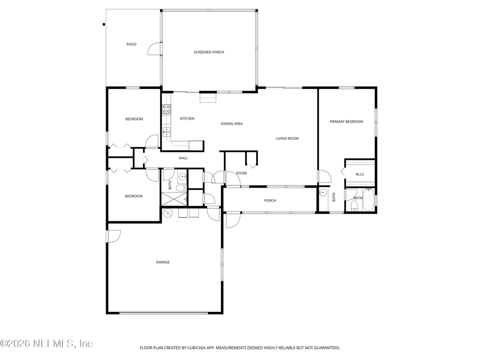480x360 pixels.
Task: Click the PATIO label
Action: point(131,44)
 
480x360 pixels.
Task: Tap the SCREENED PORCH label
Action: point(209,52)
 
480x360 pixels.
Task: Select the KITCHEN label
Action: point(187,118)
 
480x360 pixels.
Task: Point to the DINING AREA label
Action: point(232,123)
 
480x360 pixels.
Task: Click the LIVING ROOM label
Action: point(287,138)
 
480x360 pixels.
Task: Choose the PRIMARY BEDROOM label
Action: point(346,122)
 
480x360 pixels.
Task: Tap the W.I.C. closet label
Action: point(360,175)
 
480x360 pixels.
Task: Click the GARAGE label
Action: point(162,262)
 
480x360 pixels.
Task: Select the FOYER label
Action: point(242,173)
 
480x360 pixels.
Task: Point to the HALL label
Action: point(183,158)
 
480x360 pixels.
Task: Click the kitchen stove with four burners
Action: point(166,109)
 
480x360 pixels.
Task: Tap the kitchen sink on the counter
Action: point(166,132)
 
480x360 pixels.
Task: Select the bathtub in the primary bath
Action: point(369,200)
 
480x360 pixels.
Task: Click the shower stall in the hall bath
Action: point(174,199)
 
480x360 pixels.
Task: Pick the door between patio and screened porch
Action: point(155,49)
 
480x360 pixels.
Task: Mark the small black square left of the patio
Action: point(104,25)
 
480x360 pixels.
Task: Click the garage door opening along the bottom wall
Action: point(163,313)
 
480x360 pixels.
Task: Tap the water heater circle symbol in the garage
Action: point(168,213)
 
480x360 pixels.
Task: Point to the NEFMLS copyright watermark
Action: point(46,344)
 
